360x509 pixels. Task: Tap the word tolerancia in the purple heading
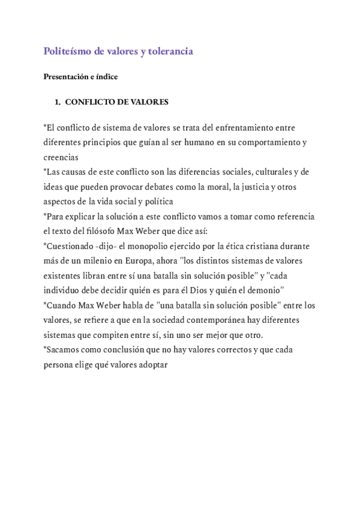point(170,52)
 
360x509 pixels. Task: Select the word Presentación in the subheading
point(67,77)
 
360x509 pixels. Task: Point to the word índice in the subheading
point(107,77)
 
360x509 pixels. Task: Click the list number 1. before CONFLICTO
point(58,102)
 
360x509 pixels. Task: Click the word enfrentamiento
point(240,128)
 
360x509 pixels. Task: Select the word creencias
point(61,157)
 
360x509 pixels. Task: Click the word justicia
point(242,187)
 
